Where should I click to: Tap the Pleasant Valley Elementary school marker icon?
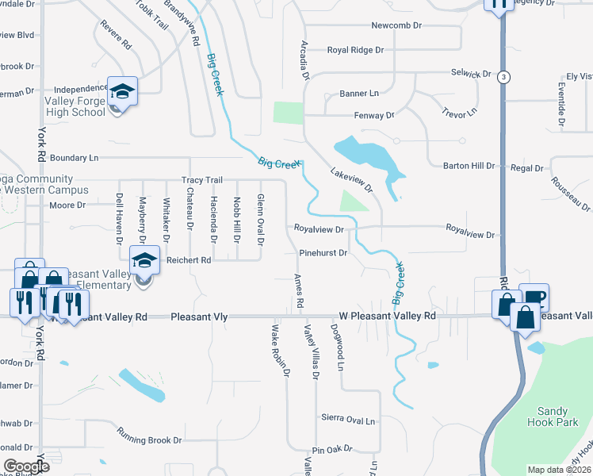coord(145,261)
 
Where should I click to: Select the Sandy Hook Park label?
coord(553,416)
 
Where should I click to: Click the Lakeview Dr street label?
coord(350,180)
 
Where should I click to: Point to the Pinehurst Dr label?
coord(323,254)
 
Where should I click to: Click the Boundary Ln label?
coord(78,157)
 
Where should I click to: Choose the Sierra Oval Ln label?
coord(348,417)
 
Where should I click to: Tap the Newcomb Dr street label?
coord(396,26)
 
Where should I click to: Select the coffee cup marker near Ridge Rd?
coord(534,297)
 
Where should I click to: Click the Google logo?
coord(25,466)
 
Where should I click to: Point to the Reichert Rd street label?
coord(189,259)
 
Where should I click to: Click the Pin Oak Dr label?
coord(331,449)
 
